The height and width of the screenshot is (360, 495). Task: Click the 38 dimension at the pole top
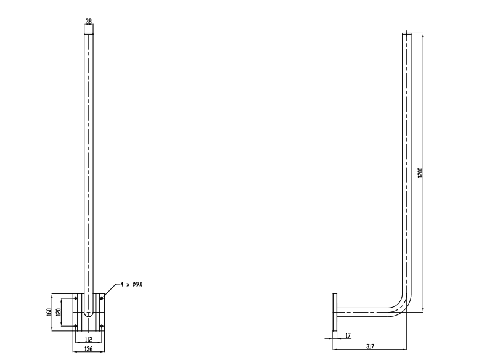click(x=89, y=21)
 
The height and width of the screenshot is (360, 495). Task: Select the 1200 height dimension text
click(x=420, y=173)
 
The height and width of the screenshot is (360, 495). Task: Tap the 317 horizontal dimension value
click(x=370, y=346)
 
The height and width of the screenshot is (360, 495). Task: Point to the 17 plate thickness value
click(x=348, y=335)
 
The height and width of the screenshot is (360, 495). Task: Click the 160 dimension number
click(x=49, y=313)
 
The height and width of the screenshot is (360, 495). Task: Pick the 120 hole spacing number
click(x=58, y=313)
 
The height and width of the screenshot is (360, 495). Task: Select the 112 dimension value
click(x=89, y=340)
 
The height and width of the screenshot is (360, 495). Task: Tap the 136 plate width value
click(x=89, y=349)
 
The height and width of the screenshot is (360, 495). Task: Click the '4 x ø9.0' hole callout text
click(x=131, y=284)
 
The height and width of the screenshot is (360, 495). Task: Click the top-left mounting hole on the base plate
click(x=75, y=298)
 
